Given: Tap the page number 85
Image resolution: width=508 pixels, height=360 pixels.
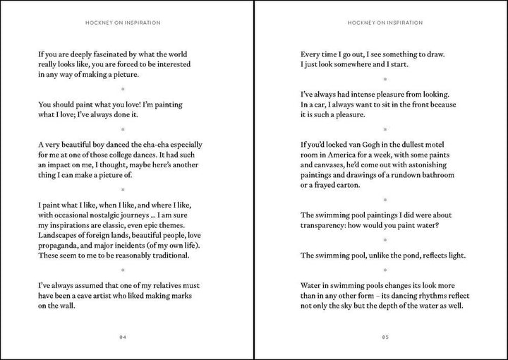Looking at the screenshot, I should [385, 337].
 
